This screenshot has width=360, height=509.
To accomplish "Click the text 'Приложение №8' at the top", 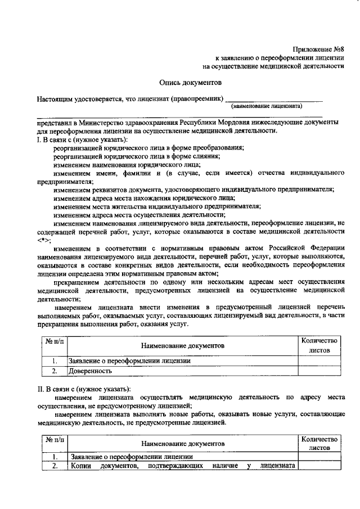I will (x=318, y=48).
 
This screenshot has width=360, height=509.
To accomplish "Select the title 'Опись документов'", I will (x=191, y=82).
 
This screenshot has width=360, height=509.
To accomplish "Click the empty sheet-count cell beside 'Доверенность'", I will (x=318, y=371).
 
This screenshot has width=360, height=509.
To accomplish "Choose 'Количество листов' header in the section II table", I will (x=318, y=443).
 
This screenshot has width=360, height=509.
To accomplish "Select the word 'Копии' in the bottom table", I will (x=81, y=465).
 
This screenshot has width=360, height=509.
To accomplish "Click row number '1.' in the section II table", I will (x=55, y=456).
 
